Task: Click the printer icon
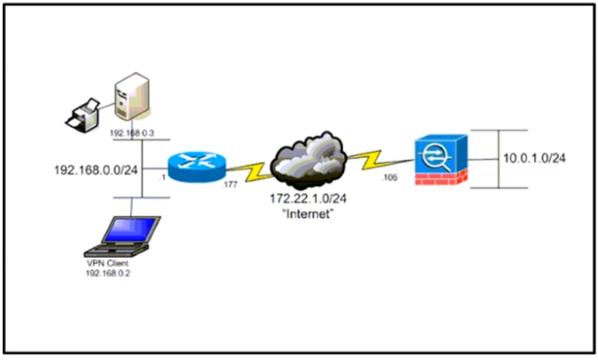click(83, 116)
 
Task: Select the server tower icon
click(132, 97)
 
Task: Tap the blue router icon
click(197, 167)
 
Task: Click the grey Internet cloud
click(308, 160)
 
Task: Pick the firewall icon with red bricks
click(441, 160)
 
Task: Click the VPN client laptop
click(122, 236)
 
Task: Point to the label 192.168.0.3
click(132, 133)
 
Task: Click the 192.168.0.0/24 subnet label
click(96, 170)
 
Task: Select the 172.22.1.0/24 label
click(308, 199)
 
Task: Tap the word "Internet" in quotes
click(307, 214)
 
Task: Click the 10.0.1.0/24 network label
click(534, 158)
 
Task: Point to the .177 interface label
click(229, 185)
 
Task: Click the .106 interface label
click(389, 177)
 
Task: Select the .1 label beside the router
click(162, 178)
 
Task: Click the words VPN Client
click(108, 263)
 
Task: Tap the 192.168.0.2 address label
click(108, 274)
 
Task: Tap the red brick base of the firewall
click(441, 178)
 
